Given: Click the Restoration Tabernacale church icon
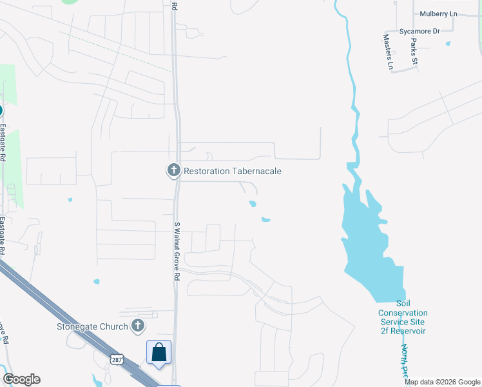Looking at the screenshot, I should pyautogui.click(x=173, y=170).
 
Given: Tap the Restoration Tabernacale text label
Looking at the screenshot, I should pyautogui.click(x=233, y=171).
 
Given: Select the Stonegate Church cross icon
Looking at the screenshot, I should pyautogui.click(x=137, y=326).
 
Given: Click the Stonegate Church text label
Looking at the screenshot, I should pyautogui.click(x=91, y=326).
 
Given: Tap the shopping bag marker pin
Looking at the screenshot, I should pyautogui.click(x=159, y=353).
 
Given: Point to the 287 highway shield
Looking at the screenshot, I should pyautogui.click(x=116, y=359).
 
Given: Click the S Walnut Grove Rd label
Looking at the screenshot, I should pyautogui.click(x=176, y=251).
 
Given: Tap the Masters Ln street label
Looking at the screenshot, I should pyautogui.click(x=389, y=54).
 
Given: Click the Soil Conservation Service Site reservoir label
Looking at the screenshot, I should pyautogui.click(x=403, y=317).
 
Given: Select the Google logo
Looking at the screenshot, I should pyautogui.click(x=21, y=379).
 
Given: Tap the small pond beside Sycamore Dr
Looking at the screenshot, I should pyautogui.click(x=448, y=43).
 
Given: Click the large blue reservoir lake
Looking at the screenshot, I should pyautogui.click(x=371, y=245).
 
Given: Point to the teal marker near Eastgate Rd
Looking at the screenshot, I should pyautogui.click(x=1, y=110).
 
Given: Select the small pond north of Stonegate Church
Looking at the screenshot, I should pyautogui.click(x=97, y=281).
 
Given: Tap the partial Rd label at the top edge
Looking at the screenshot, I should pyautogui.click(x=174, y=5).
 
